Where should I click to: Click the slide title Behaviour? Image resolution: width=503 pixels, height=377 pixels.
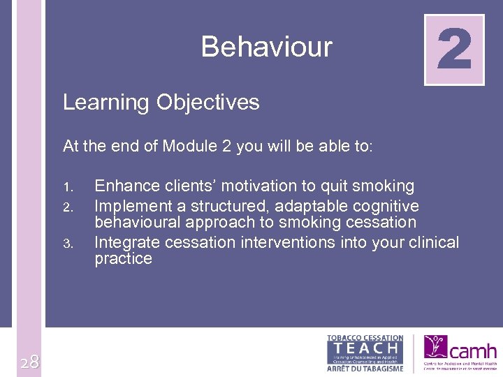(x=266, y=47)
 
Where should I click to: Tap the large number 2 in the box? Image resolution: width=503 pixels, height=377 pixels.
(x=454, y=50)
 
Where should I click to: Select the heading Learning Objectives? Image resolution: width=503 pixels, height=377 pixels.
(x=161, y=103)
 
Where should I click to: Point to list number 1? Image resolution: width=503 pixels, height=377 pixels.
(x=67, y=187)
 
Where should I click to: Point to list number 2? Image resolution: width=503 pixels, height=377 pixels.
(x=68, y=207)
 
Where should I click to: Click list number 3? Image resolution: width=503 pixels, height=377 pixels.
(x=68, y=244)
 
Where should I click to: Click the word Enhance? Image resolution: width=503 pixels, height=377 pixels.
(x=123, y=186)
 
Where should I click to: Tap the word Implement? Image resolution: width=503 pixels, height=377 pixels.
(x=130, y=206)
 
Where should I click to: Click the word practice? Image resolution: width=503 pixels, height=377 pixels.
(x=123, y=259)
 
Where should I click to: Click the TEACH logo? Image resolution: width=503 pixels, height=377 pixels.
(x=365, y=347)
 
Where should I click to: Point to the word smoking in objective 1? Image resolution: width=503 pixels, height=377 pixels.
(x=385, y=186)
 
